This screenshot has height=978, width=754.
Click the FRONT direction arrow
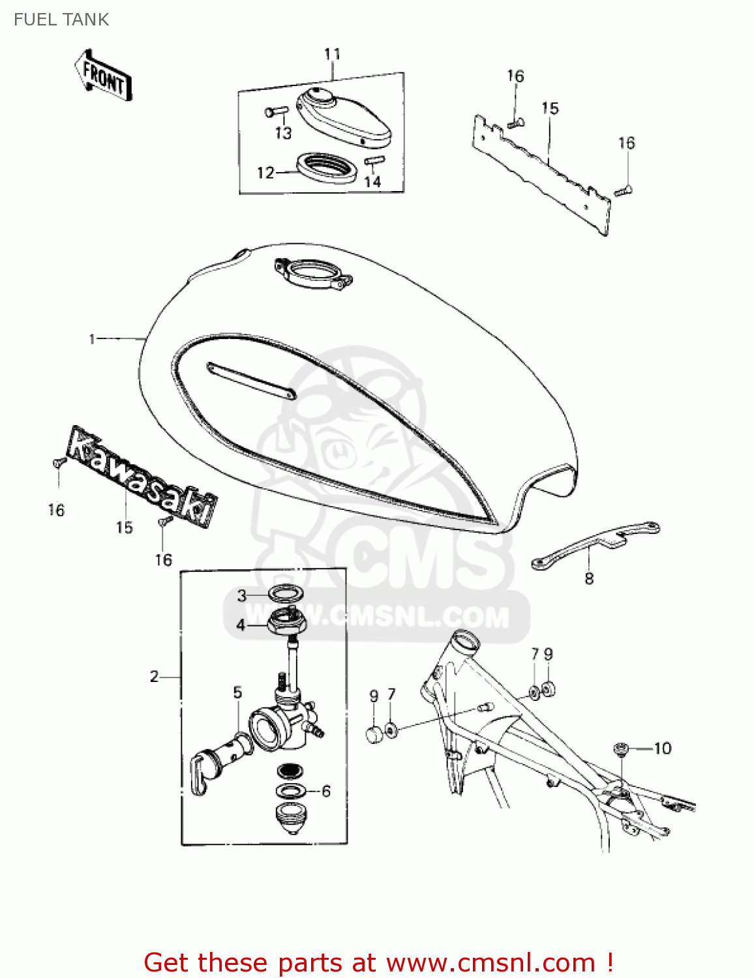coord(103,75)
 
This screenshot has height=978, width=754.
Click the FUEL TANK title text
coord(61,20)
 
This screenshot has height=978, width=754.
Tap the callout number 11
coord(332,54)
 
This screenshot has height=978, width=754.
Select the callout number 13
coord(284,133)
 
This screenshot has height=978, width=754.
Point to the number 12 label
coord(265,173)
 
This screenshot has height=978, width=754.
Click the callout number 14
coord(372,181)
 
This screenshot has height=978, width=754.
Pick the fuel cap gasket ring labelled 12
coord(327,168)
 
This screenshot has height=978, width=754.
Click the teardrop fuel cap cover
coord(344,117)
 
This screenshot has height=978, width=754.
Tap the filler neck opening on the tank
coord(314,274)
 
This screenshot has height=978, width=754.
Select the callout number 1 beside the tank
coord(92,339)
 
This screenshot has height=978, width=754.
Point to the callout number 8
coord(589,578)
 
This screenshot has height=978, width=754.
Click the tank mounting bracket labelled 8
coord(595,545)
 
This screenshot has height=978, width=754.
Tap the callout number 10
coord(662,748)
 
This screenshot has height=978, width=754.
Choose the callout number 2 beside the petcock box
coord(155,677)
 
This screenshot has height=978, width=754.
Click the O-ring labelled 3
coord(286,593)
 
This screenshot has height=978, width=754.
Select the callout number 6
coord(326,791)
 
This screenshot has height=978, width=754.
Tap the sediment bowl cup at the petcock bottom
coord(291,819)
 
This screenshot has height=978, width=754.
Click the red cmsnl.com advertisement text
coord(378,963)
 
